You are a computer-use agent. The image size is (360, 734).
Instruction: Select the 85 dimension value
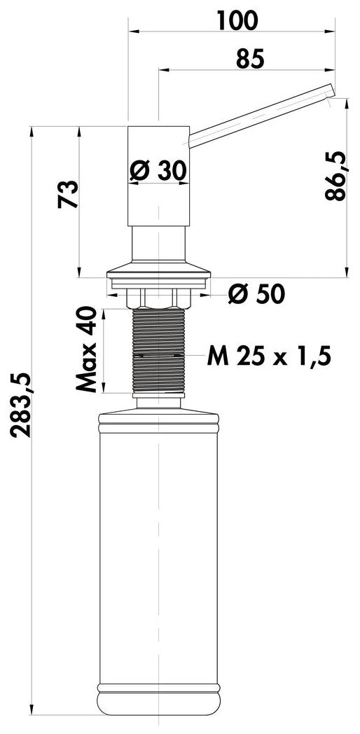point(251,60)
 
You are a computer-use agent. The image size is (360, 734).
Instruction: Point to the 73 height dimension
point(68,195)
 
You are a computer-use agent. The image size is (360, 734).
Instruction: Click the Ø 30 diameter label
point(158,171)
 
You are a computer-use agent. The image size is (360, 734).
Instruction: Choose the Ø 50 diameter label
point(256,294)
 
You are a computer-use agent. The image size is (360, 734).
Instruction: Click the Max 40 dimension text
point(87,349)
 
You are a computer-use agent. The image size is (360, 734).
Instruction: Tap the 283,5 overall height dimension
point(21,405)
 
